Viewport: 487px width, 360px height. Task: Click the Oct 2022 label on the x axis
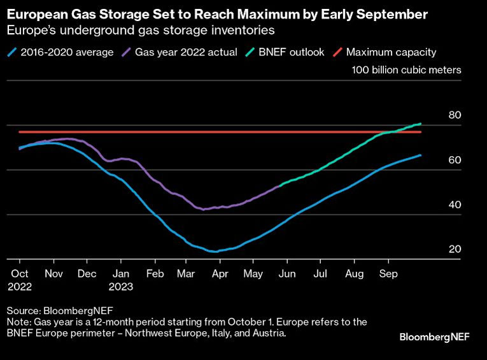click(20, 280)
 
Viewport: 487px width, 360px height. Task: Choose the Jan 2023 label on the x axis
click(120, 280)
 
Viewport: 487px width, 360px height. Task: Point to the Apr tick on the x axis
click(220, 275)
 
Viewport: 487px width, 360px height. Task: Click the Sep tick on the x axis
click(388, 275)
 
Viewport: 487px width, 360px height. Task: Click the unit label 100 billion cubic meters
click(406, 70)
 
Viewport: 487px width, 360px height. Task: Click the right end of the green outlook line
click(421, 124)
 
